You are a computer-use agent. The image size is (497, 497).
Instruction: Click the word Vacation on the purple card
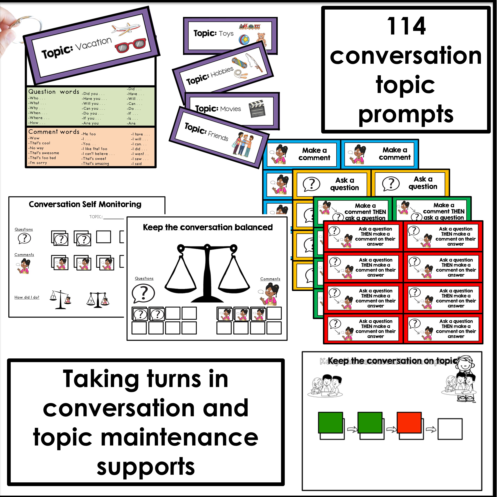pos(94,43)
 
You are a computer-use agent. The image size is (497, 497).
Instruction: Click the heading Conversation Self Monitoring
pos(85,204)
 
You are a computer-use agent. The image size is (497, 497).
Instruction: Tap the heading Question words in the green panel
pos(54,92)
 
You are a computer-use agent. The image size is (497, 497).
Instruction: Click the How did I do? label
pos(27,297)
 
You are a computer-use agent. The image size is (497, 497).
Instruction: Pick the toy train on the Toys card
pos(249,26)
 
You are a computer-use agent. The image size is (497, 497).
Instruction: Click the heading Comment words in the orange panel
pos(54,132)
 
